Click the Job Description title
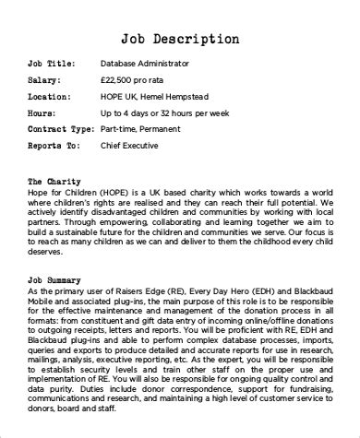point(179,39)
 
